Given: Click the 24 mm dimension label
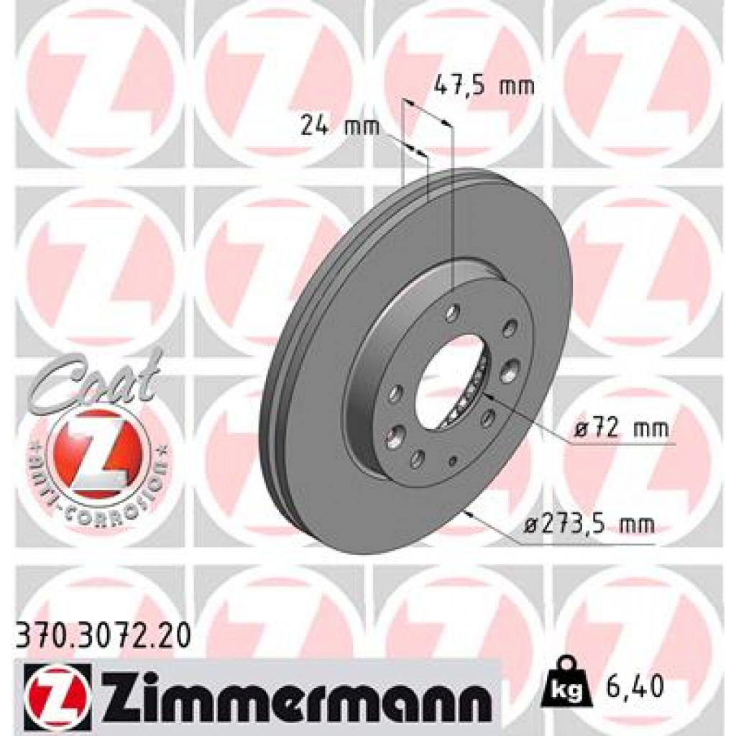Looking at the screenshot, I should click(x=331, y=126).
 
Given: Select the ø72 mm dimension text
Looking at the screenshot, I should click(x=621, y=430).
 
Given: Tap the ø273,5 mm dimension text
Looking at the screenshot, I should click(x=589, y=525).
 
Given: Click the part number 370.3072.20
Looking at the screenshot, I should click(x=103, y=635).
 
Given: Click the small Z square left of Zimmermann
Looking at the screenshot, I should click(x=57, y=693).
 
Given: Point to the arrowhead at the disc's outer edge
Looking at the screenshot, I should click(x=469, y=513).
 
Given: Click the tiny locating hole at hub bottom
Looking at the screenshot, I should click(x=453, y=461).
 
